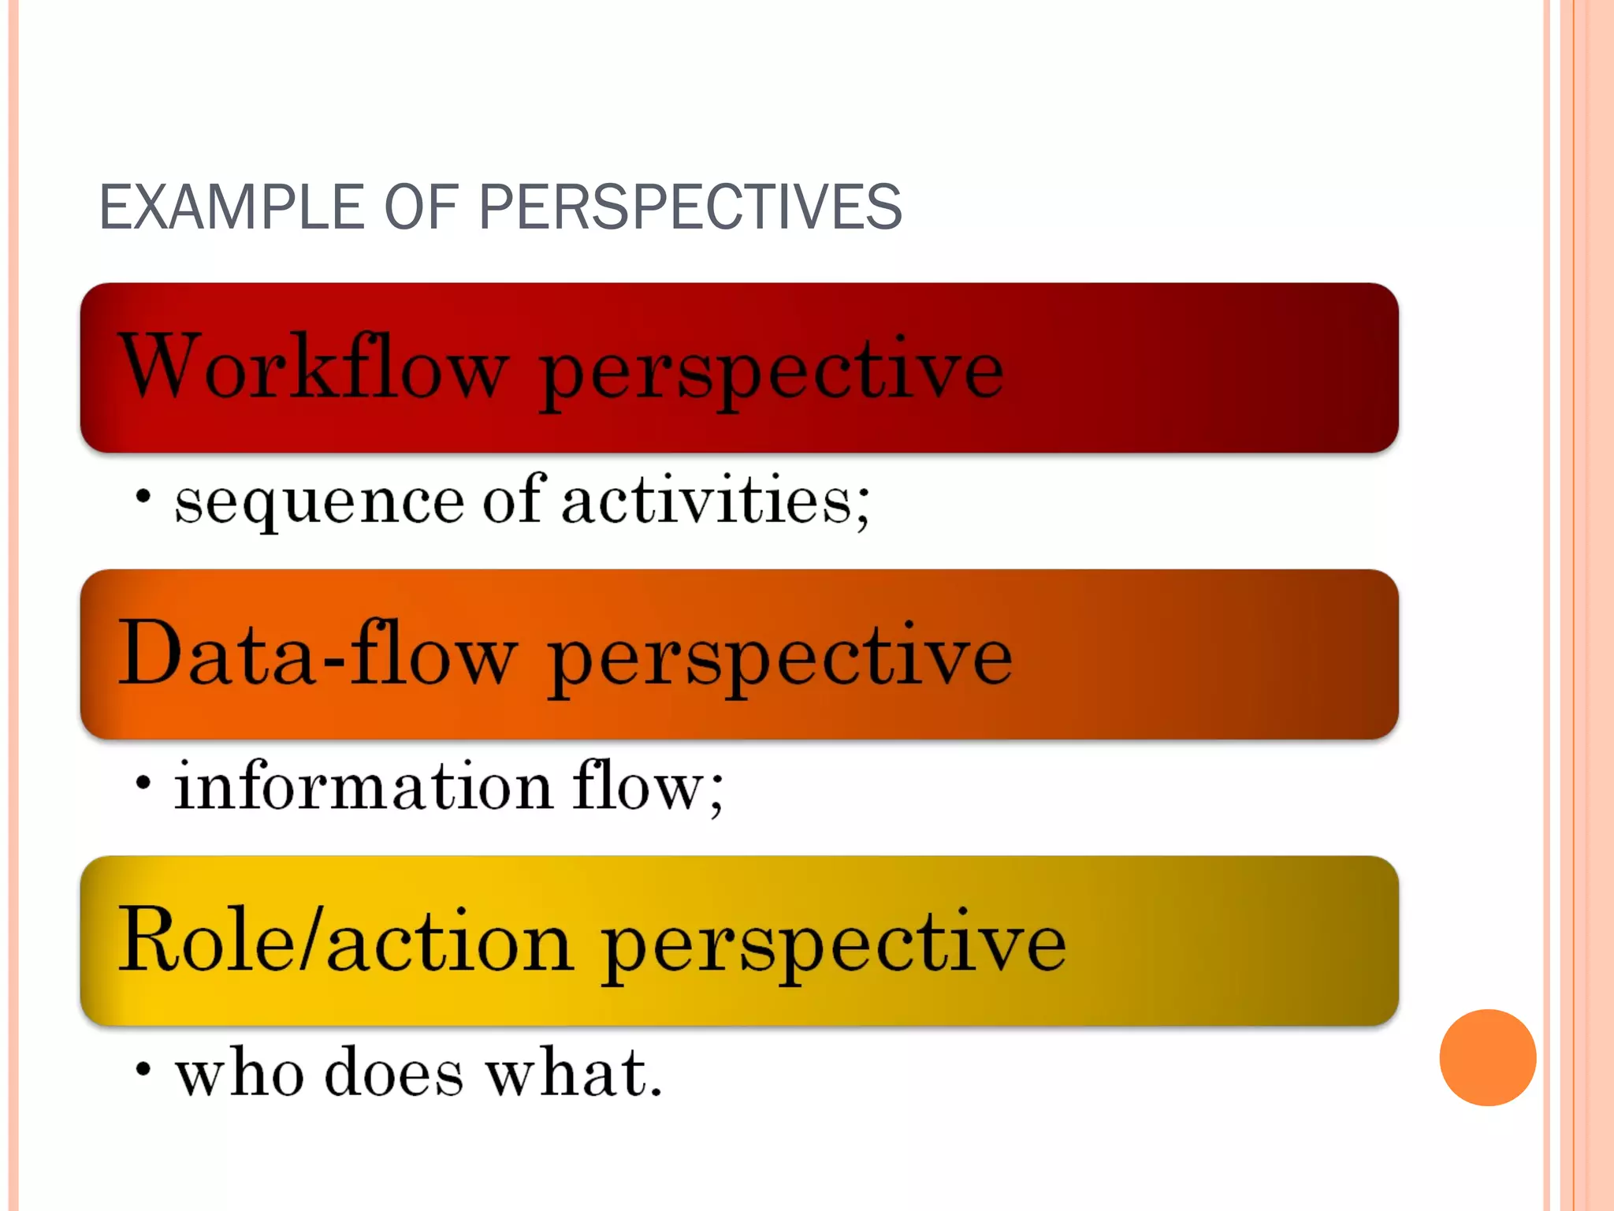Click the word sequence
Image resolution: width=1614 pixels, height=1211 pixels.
319,503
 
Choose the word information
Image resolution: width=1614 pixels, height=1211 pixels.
363,786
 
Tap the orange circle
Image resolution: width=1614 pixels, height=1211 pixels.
1487,1057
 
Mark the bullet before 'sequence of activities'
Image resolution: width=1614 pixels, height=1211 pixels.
143,497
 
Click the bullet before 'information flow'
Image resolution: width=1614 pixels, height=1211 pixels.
143,784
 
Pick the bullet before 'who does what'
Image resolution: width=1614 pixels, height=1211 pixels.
143,1070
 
